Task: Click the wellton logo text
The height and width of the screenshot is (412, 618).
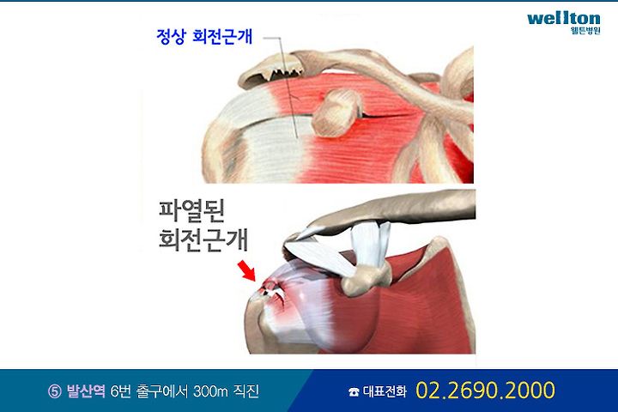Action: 564,19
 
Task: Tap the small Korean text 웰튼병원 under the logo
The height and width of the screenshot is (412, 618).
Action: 585,31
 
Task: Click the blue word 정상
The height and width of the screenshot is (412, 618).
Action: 170,37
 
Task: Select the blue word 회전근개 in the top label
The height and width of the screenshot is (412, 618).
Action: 222,37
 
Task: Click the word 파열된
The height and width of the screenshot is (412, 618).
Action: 191,211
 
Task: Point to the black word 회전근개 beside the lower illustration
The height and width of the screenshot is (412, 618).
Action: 203,239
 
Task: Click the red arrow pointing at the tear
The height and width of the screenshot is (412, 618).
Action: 246,270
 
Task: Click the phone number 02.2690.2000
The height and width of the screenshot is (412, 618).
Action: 485,390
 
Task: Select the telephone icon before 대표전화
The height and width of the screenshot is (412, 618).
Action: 354,391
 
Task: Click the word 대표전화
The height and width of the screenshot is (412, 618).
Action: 385,391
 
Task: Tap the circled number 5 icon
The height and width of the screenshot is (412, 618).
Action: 55,391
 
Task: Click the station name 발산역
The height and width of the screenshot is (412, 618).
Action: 86,391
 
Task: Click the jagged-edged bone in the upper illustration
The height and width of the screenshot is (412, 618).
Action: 271,70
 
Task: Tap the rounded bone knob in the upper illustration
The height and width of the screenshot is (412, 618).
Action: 336,113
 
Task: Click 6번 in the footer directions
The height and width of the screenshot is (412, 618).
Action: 120,391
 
